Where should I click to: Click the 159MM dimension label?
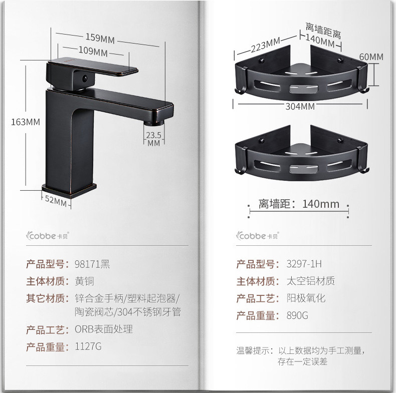coord(100,39)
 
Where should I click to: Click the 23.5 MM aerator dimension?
coord(153,138)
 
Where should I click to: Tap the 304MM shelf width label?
coord(300,106)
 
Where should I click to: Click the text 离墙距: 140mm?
coord(299,204)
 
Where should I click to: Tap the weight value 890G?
coord(297,315)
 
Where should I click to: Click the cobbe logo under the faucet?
coord(50,234)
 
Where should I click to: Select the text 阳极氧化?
coord(307,298)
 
